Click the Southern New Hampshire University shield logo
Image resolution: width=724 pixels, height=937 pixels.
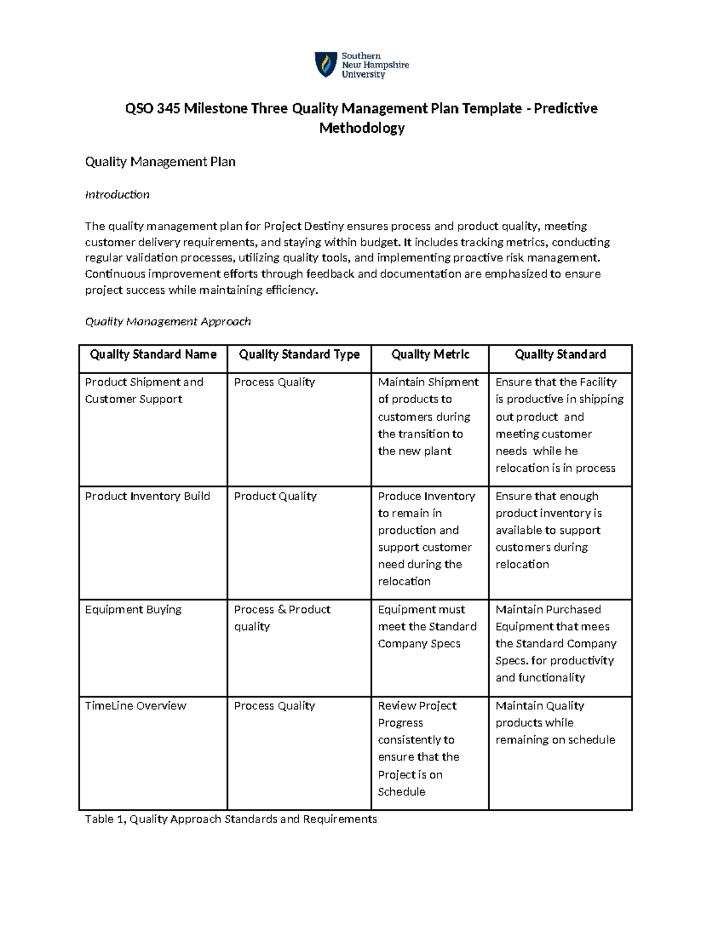(326, 65)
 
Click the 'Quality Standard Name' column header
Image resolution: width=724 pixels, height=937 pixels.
(153, 355)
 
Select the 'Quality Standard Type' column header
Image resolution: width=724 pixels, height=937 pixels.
(299, 355)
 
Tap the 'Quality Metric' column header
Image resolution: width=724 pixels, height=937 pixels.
(430, 355)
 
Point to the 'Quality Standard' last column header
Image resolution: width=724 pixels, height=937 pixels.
(560, 355)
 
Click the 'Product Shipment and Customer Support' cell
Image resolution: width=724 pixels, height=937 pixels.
(144, 390)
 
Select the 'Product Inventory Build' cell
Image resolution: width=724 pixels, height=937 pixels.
(147, 496)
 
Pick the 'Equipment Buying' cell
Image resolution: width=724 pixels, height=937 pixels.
(133, 609)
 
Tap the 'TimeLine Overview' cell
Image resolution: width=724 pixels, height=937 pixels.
(136, 706)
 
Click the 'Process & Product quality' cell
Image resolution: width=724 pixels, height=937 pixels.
(282, 618)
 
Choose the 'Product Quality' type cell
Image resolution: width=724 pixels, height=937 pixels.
(275, 496)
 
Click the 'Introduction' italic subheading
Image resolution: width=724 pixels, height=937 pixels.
(117, 194)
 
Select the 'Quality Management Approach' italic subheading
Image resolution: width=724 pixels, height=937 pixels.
(168, 322)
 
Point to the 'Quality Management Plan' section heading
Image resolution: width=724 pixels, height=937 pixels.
(160, 162)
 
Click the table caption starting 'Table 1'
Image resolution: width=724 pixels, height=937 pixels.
(230, 819)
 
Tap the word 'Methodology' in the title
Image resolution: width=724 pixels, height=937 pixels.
(361, 128)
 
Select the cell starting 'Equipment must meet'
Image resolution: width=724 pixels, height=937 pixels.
(427, 626)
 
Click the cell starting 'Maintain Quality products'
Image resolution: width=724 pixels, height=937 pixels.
(555, 723)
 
